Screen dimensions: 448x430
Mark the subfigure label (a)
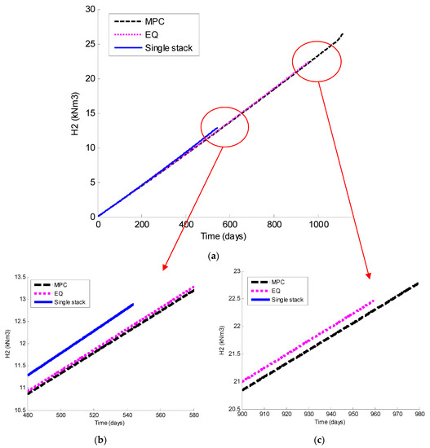[214, 254]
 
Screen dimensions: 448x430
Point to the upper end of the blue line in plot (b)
[133, 305]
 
